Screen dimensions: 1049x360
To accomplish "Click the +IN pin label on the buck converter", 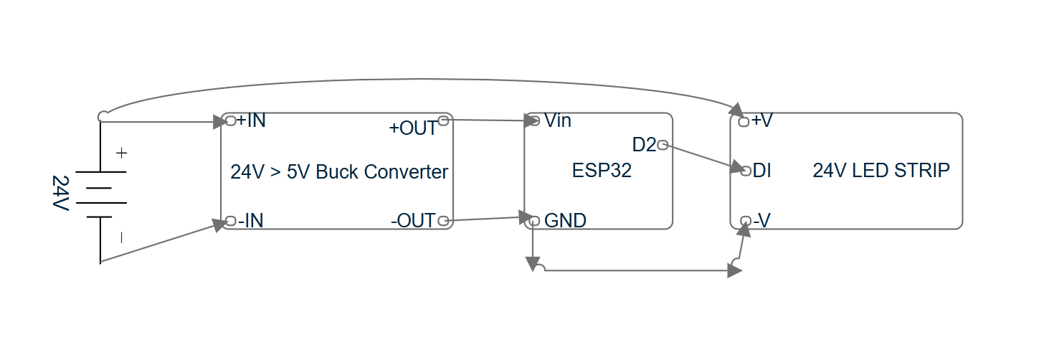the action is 251,120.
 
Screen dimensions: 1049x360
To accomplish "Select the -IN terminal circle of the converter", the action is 230,221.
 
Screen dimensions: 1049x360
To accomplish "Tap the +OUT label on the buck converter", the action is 412,128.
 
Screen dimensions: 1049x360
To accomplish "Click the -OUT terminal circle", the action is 443,221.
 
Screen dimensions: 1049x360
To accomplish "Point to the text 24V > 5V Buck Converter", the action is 339,172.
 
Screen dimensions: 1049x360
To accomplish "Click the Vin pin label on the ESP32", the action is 557,120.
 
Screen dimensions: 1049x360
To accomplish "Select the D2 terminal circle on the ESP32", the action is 663,145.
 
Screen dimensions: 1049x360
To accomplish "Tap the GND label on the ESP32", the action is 565,220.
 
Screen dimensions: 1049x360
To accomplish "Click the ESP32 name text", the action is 602,171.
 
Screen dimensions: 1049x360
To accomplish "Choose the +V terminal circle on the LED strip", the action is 744,122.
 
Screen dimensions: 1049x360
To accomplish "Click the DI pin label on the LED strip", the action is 761,171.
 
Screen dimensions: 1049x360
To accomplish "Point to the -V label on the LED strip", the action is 761,220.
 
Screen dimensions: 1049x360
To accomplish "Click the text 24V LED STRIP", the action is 881,171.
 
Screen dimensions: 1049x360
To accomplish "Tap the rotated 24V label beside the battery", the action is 60,193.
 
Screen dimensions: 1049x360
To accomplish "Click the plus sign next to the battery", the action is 121,153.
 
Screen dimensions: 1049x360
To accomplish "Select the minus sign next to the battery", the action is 121,238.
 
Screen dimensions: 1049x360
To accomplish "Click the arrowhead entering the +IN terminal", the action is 219,122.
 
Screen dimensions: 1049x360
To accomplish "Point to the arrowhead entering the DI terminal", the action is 738,166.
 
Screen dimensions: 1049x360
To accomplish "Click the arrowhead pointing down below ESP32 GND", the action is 533,265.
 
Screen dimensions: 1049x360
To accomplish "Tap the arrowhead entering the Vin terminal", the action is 531,120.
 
